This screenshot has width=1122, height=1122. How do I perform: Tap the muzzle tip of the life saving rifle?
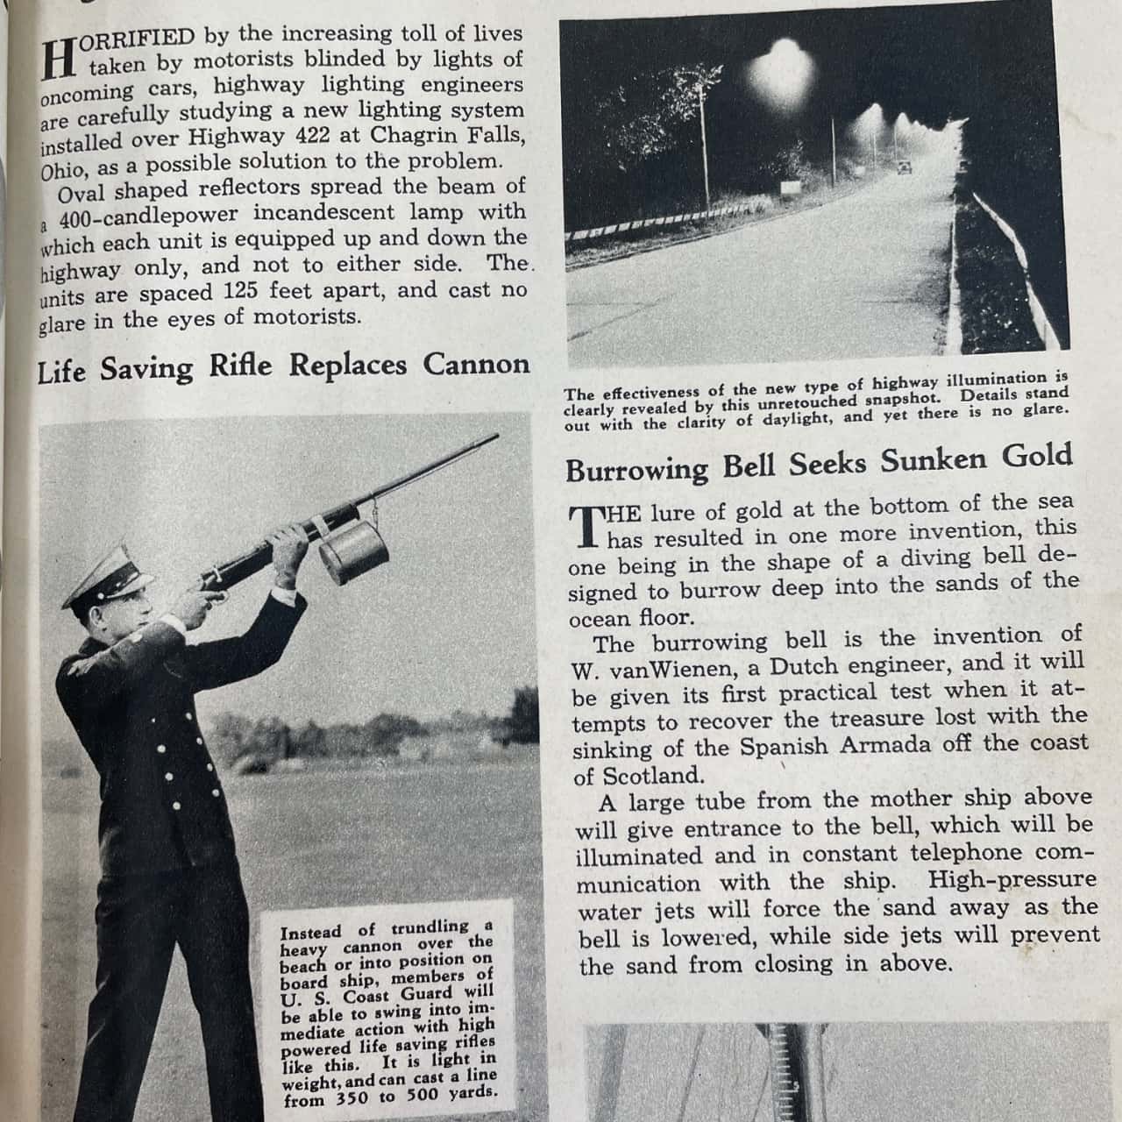click(497, 436)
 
